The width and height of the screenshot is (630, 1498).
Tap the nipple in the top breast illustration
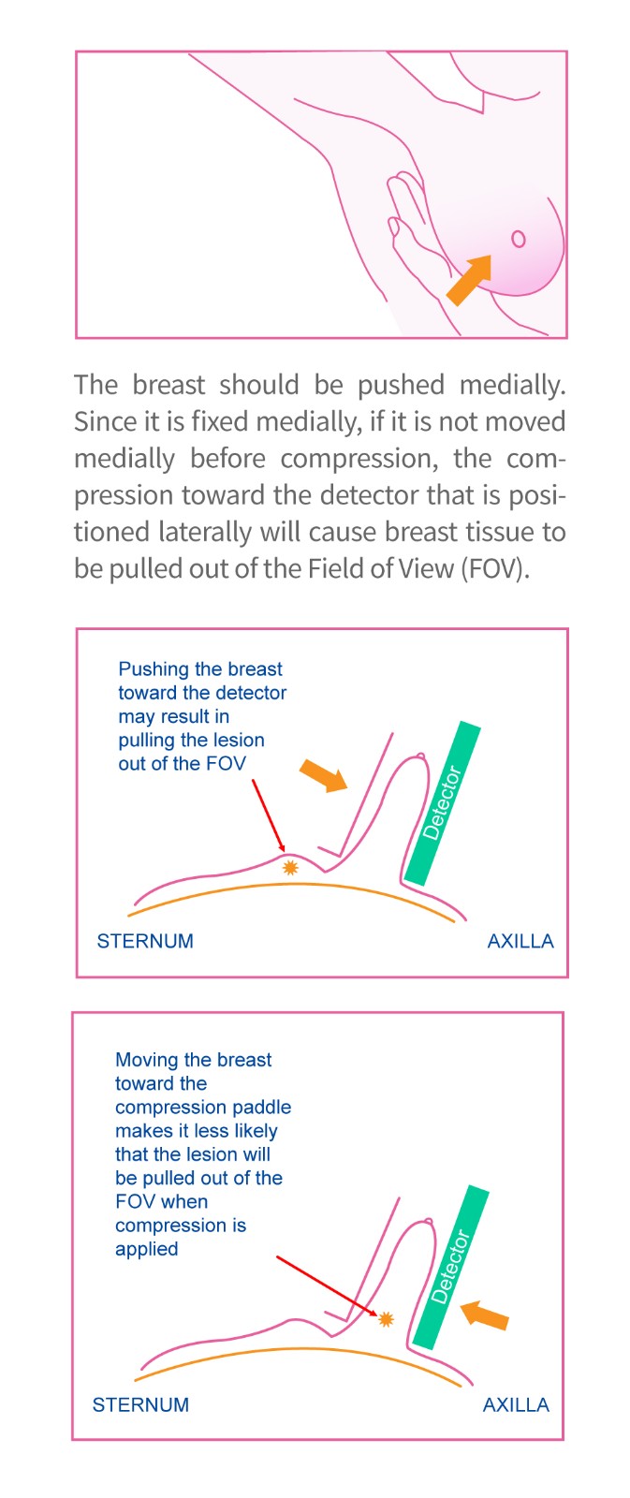pos(519,239)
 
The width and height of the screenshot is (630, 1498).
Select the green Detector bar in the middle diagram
pos(443,803)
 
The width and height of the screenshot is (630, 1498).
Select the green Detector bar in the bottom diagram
pos(451,1267)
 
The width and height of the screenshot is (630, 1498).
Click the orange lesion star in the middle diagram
pos(289,867)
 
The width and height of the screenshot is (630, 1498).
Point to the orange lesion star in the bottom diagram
pos(386,1319)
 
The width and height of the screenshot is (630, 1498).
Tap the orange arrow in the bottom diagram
pos(485,1314)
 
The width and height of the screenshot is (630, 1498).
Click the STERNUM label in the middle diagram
pos(145,941)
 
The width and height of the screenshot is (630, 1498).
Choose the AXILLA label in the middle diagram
pos(520,941)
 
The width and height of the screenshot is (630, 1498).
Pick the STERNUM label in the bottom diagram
pos(140,1404)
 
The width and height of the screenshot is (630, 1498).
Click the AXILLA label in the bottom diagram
pos(517,1404)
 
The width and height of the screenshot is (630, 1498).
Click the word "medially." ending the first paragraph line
pos(512,385)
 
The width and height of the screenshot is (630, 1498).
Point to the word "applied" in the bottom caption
pos(146,1249)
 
